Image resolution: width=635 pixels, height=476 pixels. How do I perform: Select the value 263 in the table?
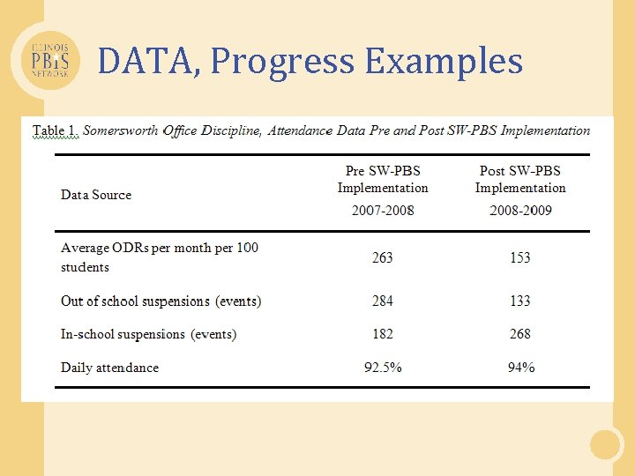(x=383, y=257)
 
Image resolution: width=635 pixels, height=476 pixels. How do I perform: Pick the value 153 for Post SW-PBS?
(x=520, y=257)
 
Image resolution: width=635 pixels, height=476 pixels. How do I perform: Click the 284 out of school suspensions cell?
(x=383, y=301)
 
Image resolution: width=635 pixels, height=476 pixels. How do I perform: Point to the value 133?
(x=520, y=301)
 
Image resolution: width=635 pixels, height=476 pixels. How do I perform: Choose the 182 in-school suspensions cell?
(x=383, y=334)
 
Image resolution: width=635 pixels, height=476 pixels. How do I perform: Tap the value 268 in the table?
(x=520, y=334)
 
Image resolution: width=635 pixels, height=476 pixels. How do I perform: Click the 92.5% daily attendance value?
(x=383, y=368)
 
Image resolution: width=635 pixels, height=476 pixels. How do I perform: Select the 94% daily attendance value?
(x=520, y=368)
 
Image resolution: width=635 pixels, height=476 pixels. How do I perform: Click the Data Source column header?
(x=96, y=195)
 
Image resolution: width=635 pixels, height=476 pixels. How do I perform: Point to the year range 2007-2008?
(x=383, y=211)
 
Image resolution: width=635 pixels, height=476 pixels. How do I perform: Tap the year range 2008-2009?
(x=520, y=211)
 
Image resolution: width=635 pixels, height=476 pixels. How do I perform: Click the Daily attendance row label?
(x=109, y=368)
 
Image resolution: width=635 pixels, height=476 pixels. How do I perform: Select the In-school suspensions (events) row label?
(x=148, y=334)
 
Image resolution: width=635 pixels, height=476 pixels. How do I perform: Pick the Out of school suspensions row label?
(x=161, y=301)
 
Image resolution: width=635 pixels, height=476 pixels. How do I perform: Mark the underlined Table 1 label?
(x=56, y=130)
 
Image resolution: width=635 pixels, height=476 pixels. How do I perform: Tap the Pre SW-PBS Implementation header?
(x=383, y=179)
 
